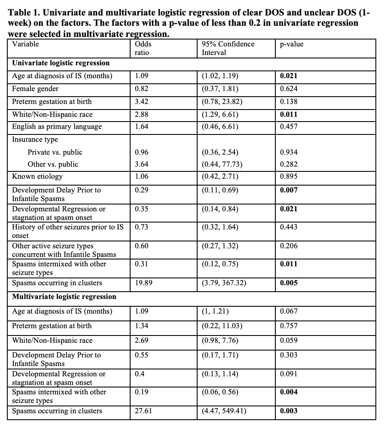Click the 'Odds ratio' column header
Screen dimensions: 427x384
click(x=143, y=48)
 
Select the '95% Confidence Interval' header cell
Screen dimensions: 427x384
click(x=228, y=48)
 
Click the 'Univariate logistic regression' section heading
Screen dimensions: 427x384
click(x=61, y=63)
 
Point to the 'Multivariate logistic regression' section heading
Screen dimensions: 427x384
click(x=64, y=297)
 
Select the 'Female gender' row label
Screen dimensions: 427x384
click(x=35, y=89)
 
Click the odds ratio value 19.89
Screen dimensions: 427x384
click(x=144, y=283)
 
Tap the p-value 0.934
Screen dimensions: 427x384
click(x=288, y=152)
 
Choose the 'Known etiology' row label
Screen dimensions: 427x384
click(x=37, y=176)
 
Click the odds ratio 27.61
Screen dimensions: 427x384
click(x=144, y=411)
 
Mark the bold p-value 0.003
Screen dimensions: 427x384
click(x=288, y=411)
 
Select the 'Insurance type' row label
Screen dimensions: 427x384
click(x=35, y=140)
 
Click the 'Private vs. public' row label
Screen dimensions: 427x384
click(x=55, y=152)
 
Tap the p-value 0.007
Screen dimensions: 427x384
click(x=288, y=190)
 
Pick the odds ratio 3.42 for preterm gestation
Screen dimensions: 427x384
click(x=142, y=102)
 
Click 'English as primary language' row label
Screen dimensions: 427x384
click(x=57, y=127)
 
